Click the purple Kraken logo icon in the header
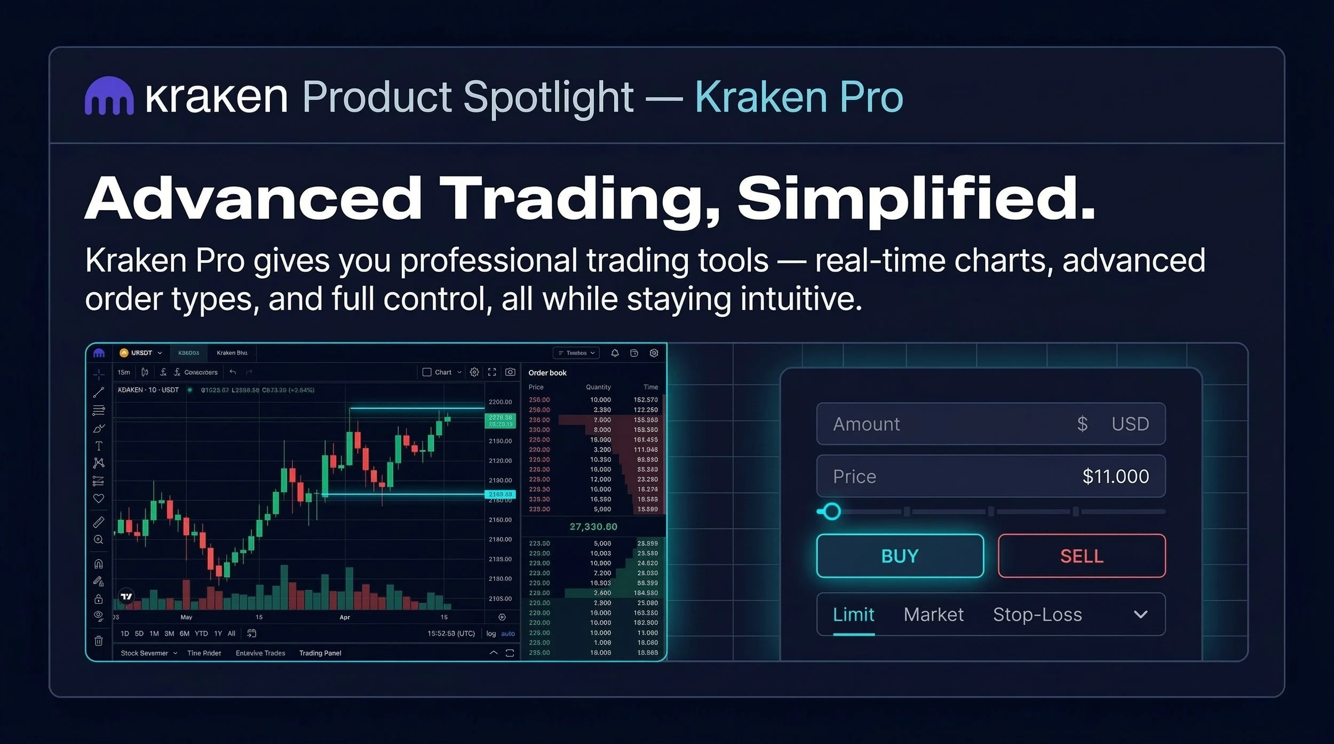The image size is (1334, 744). coord(109,97)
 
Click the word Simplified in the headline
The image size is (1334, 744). coord(916,198)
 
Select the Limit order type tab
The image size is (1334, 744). coord(853,614)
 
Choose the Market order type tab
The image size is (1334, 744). coord(933,614)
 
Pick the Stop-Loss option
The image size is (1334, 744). coord(1037,614)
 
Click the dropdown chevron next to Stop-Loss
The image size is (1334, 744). coord(1140,614)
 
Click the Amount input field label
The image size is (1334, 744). coord(866,424)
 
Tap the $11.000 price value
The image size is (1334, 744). coord(1115,476)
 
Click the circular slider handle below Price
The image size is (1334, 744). coord(831,511)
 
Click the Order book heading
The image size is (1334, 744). coord(547,373)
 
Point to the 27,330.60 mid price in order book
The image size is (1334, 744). coord(593,526)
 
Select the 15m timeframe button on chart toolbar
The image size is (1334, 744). coord(124,372)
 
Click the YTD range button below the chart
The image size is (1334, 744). coord(201,634)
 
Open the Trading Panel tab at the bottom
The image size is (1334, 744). coord(320,653)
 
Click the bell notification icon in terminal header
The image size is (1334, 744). coord(615,353)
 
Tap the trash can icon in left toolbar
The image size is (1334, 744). coord(99,641)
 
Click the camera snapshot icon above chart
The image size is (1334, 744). coord(510,372)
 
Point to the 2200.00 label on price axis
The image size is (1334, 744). coord(500,402)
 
